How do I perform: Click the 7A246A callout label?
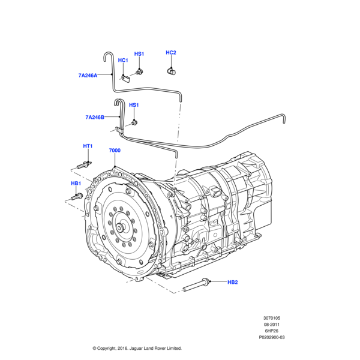coord(88,75)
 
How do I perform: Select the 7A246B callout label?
coord(95,118)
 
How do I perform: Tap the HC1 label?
coord(122,60)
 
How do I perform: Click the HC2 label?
coord(171,53)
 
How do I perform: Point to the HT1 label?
coord(88,146)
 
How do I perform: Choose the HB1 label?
coord(76,183)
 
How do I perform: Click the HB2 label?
coord(233,282)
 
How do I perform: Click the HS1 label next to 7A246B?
coord(134,105)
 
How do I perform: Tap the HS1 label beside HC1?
coord(139,54)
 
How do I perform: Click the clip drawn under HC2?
coord(171,71)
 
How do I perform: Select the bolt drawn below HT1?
coord(84,164)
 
